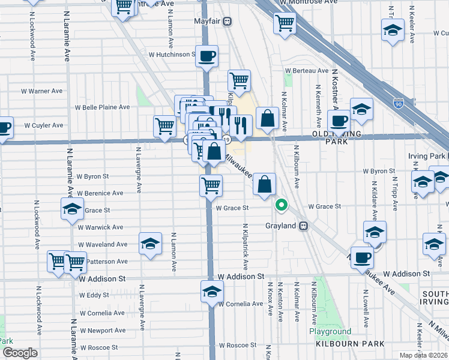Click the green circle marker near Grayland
coord(281,205)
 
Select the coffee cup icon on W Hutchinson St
coord(206,56)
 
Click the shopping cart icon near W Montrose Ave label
coord(285,23)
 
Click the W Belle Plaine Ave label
coord(102,107)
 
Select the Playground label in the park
coord(330,331)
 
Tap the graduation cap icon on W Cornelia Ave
coord(211,292)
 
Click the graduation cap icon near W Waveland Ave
coord(150,244)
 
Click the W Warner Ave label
coord(42,91)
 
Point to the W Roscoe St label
coord(237,346)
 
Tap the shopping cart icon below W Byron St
coord(211,185)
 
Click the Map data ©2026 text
coord(423,355)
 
